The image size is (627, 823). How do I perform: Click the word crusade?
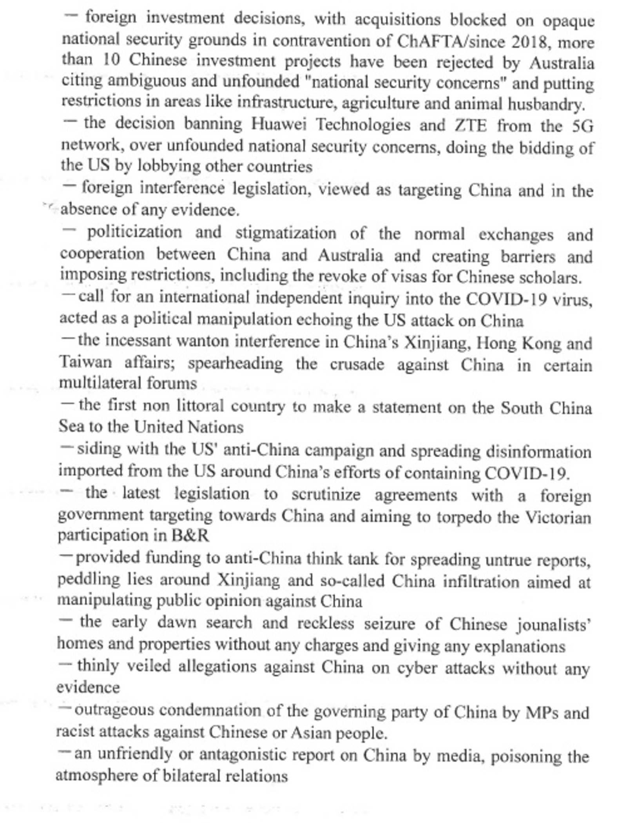[357, 364]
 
